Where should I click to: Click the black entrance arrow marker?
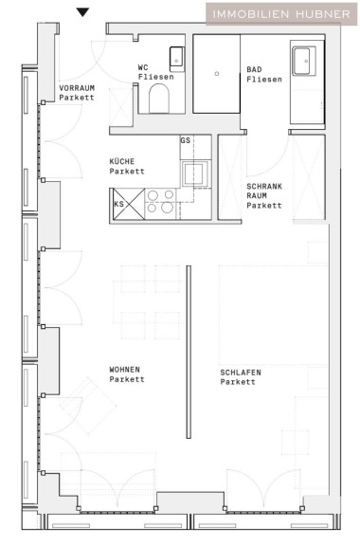[x=82, y=12]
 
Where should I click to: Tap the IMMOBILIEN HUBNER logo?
[x=281, y=14]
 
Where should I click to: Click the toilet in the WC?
[x=159, y=99]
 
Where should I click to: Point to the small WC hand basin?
[x=177, y=58]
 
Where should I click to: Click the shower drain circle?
[x=217, y=74]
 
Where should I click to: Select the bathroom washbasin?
[x=303, y=61]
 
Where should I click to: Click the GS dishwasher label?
[x=186, y=140]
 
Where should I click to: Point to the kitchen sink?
[x=193, y=173]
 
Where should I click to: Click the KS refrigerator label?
[x=118, y=204]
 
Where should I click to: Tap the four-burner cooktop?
[x=160, y=201]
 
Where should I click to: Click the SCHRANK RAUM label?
[x=264, y=195]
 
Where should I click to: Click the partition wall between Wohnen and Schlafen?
[x=189, y=352]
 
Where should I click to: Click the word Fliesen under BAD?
[x=264, y=80]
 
